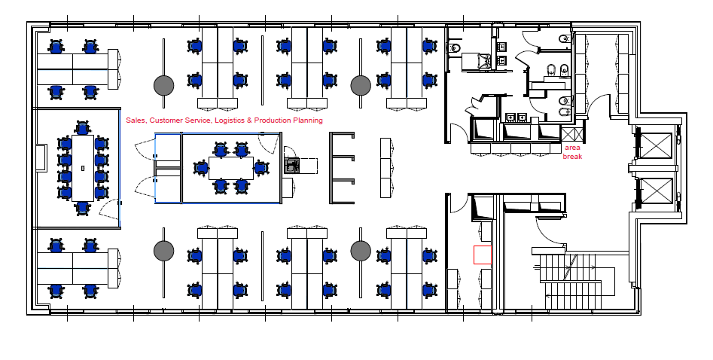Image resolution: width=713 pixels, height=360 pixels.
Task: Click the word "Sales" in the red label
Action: tap(136, 121)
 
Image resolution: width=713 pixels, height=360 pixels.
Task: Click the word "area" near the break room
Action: tap(572, 148)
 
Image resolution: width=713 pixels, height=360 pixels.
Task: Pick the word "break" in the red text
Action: tap(572, 156)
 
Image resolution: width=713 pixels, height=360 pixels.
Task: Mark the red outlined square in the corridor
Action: tap(483, 255)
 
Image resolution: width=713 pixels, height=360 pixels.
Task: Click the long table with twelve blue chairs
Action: tap(83, 168)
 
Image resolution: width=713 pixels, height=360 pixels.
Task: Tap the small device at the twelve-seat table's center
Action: tap(83, 168)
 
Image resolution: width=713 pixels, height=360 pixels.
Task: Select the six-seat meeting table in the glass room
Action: tap(231, 168)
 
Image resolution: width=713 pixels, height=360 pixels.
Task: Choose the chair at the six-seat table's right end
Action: tap(260, 168)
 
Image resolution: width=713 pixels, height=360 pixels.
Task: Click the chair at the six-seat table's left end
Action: tap(201, 168)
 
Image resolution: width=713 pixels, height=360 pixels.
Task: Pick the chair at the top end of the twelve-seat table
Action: tap(82, 128)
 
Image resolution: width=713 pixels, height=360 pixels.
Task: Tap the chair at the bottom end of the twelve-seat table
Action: tap(82, 208)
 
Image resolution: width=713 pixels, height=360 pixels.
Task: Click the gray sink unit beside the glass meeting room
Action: tap(292, 165)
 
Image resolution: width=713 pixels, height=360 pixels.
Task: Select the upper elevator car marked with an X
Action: tap(656, 146)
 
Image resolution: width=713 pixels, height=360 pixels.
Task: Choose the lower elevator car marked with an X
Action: tap(656, 191)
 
